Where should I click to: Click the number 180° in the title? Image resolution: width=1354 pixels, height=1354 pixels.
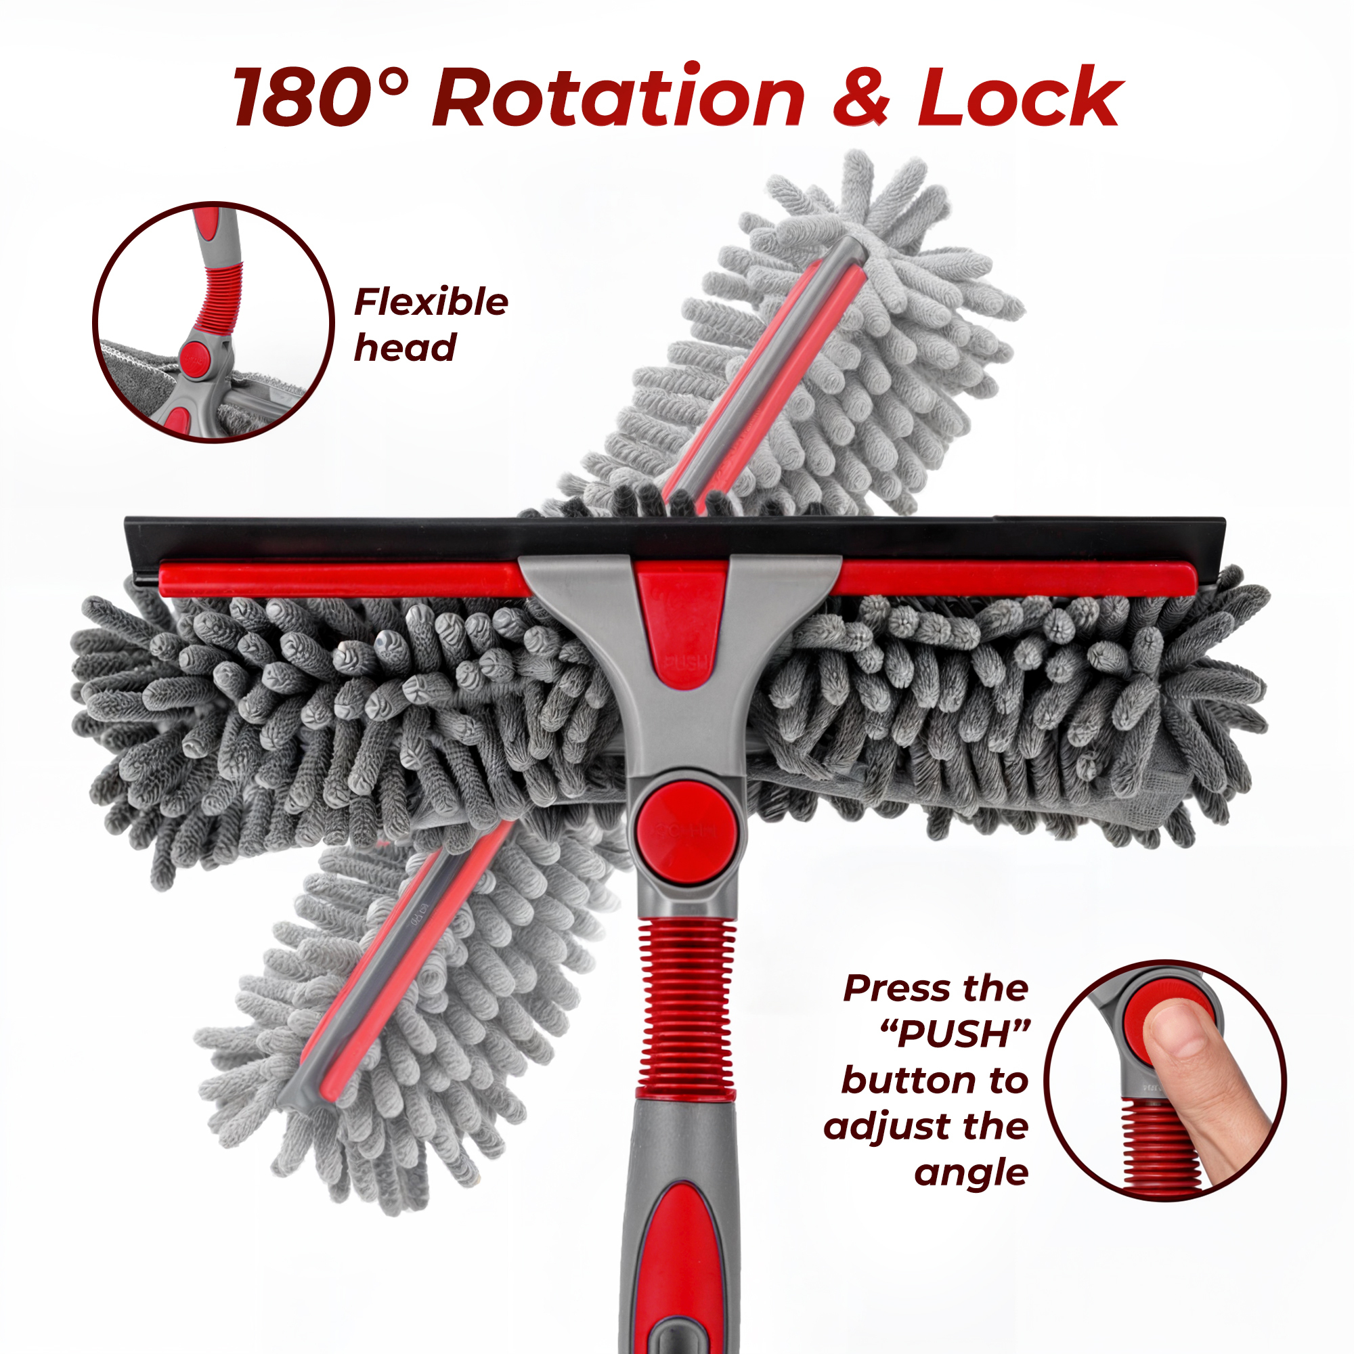(320, 97)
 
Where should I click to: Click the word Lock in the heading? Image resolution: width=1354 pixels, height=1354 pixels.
(1020, 96)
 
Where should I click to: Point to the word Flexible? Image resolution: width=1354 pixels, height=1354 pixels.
(431, 302)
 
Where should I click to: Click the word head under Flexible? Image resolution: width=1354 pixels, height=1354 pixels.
(405, 347)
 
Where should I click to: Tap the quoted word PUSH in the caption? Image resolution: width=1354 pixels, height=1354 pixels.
(955, 1034)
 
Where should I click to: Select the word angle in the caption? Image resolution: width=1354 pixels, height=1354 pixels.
(971, 1173)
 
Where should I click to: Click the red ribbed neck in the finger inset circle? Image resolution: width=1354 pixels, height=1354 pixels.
(1160, 1142)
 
